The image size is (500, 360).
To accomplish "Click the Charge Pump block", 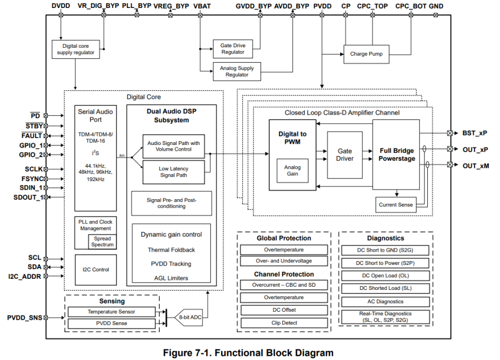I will pyautogui.click(x=366, y=54).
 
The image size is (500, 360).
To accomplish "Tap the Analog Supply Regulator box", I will pyautogui.click(x=237, y=71).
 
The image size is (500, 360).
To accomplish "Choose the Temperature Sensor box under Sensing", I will pyautogui.click(x=112, y=312).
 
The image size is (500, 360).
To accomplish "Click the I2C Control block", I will pyautogui.click(x=96, y=270).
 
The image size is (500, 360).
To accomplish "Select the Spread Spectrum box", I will pyautogui.click(x=102, y=242).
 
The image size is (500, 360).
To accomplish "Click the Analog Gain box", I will pyautogui.click(x=292, y=170).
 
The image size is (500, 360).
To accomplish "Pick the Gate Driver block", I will pyautogui.click(x=344, y=155).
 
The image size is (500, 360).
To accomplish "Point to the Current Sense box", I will pyautogui.click(x=395, y=204).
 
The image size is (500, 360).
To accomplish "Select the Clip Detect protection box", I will pyautogui.click(x=284, y=323).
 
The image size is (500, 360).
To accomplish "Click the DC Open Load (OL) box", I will pyautogui.click(x=385, y=276).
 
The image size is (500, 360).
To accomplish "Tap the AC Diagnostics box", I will pyautogui.click(x=385, y=302).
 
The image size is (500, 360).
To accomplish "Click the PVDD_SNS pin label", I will pyautogui.click(x=24, y=318).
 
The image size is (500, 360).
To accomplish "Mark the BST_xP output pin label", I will pyautogui.click(x=475, y=133).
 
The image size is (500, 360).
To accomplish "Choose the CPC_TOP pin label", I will pyautogui.click(x=372, y=6).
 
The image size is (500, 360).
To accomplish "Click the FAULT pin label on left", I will pyautogui.click(x=31, y=135).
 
